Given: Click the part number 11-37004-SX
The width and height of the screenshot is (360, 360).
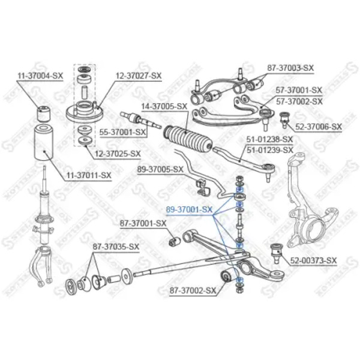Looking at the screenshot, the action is [x=40, y=76].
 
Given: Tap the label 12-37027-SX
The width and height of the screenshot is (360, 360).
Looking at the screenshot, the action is [x=139, y=76].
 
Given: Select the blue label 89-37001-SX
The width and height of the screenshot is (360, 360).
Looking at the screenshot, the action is [x=190, y=209].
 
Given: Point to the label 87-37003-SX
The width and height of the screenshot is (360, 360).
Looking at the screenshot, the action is [x=290, y=68].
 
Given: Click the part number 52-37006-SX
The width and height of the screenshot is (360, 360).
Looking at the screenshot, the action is [x=319, y=127].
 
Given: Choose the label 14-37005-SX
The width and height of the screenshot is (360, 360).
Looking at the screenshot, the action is [x=164, y=107].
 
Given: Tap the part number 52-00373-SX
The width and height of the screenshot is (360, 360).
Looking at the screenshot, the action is [x=313, y=260].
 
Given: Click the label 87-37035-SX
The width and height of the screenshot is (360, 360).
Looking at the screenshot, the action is [x=116, y=247].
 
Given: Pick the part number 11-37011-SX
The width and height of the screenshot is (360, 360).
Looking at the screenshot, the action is [x=89, y=175].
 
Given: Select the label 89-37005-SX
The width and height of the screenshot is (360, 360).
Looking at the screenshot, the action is [x=160, y=170].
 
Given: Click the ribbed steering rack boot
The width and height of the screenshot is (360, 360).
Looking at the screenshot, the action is [x=188, y=139].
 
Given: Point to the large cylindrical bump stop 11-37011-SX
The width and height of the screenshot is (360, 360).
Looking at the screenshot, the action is [x=44, y=143].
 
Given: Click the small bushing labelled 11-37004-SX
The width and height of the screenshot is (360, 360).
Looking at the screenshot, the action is [x=44, y=113].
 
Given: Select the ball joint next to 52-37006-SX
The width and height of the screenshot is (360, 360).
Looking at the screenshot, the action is [x=285, y=119].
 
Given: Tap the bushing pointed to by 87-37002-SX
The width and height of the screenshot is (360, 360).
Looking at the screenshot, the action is [x=227, y=275].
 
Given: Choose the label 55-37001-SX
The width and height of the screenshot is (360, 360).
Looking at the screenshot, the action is [x=122, y=132].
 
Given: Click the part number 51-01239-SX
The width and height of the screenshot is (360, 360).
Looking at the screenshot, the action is [x=270, y=150].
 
